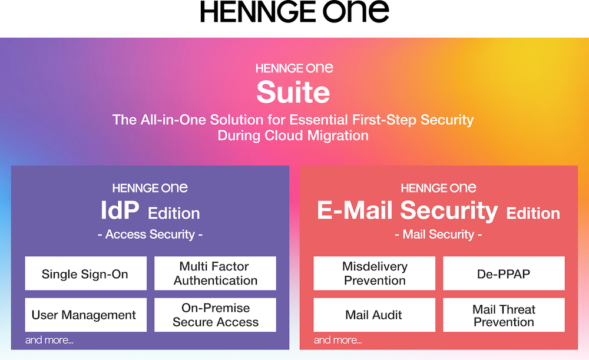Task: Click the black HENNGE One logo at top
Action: pyautogui.click(x=294, y=11)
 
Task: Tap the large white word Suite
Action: pyautogui.click(x=293, y=92)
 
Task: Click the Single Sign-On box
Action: pyautogui.click(x=85, y=273)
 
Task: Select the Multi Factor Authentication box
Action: pyautogui.click(x=215, y=273)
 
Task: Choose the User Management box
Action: pyautogui.click(x=85, y=315)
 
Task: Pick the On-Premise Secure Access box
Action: pyautogui.click(x=215, y=315)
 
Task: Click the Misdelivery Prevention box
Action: pyautogui.click(x=375, y=273)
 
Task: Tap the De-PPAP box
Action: pyautogui.click(x=504, y=273)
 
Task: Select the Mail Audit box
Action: pyautogui.click(x=375, y=315)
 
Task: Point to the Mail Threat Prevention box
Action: pyautogui.click(x=504, y=315)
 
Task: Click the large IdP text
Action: pyautogui.click(x=120, y=210)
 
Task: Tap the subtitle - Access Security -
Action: pyautogui.click(x=150, y=235)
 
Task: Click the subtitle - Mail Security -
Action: pyautogui.click(x=438, y=235)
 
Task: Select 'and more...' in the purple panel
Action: pyautogui.click(x=49, y=340)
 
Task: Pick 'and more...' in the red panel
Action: pyautogui.click(x=337, y=340)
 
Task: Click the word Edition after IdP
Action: pyautogui.click(x=174, y=213)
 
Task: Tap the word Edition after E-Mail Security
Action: pyautogui.click(x=533, y=213)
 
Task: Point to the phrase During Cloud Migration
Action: pyautogui.click(x=293, y=136)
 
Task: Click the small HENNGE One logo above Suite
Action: pyautogui.click(x=294, y=68)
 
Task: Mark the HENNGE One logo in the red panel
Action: pyautogui.click(x=438, y=188)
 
